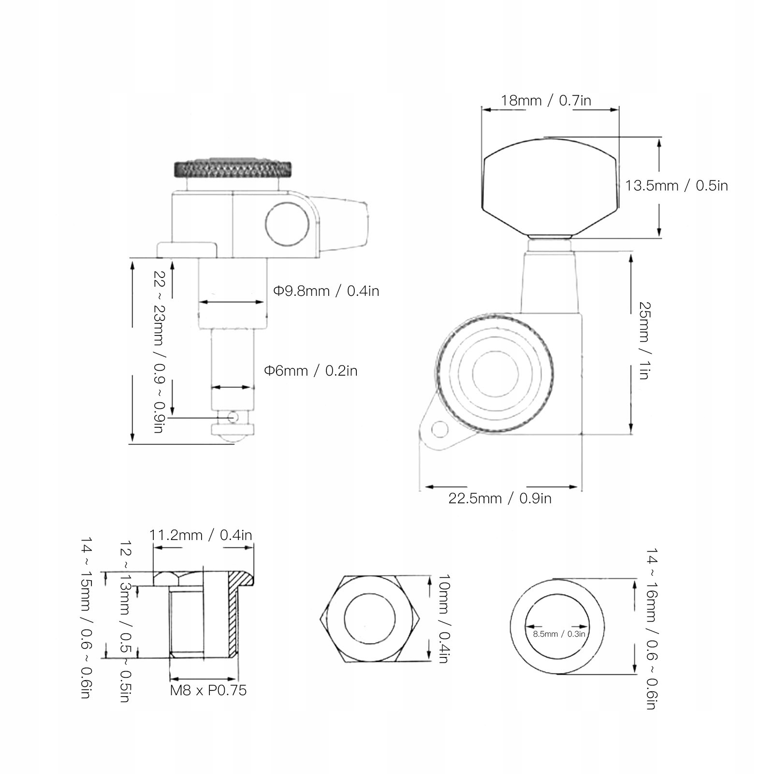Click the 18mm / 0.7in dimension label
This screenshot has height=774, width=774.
[x=546, y=101]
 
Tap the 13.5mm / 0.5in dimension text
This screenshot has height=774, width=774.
[x=676, y=186]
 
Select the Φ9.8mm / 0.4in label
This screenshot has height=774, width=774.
[x=326, y=291]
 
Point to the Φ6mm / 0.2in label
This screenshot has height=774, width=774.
[x=310, y=371]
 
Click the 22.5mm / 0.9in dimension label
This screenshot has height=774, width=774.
[x=500, y=498]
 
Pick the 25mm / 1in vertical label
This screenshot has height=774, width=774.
[x=644, y=341]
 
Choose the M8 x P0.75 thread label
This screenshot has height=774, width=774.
[x=208, y=690]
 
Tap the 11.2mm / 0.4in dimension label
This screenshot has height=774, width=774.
[x=201, y=535]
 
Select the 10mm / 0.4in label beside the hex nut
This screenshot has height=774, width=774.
[x=444, y=619]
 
